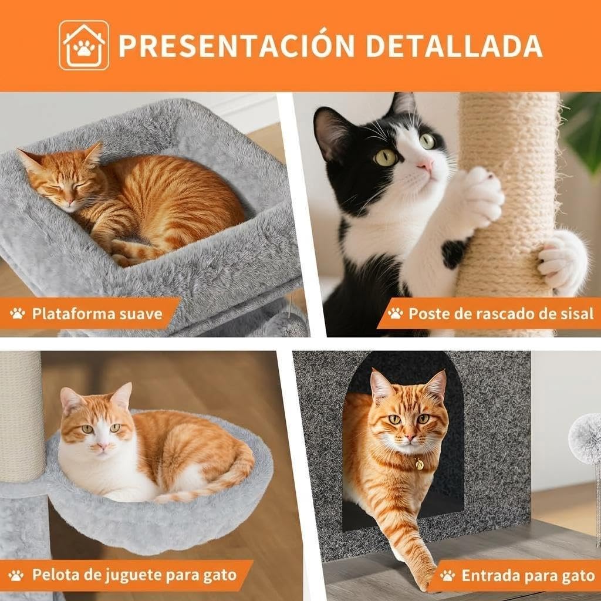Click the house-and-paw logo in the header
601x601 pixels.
coord(84,45)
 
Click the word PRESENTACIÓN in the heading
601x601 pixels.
coord(237,45)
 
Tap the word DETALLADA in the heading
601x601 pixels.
coord(454,46)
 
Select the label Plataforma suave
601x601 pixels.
coord(97,313)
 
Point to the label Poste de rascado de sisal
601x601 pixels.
coord(501,313)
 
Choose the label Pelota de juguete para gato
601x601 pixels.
coord(134,575)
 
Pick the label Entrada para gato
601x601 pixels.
coord(528,575)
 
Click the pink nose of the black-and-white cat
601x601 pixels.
coord(426,165)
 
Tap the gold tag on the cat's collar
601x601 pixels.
coord(419,464)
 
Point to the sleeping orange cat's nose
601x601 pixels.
coord(70,202)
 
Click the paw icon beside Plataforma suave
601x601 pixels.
coord(17,313)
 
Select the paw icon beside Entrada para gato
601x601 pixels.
coord(447,575)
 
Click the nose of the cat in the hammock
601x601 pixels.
coord(102,446)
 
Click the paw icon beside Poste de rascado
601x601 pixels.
coord(395,313)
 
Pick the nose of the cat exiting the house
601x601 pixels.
coord(410,437)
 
